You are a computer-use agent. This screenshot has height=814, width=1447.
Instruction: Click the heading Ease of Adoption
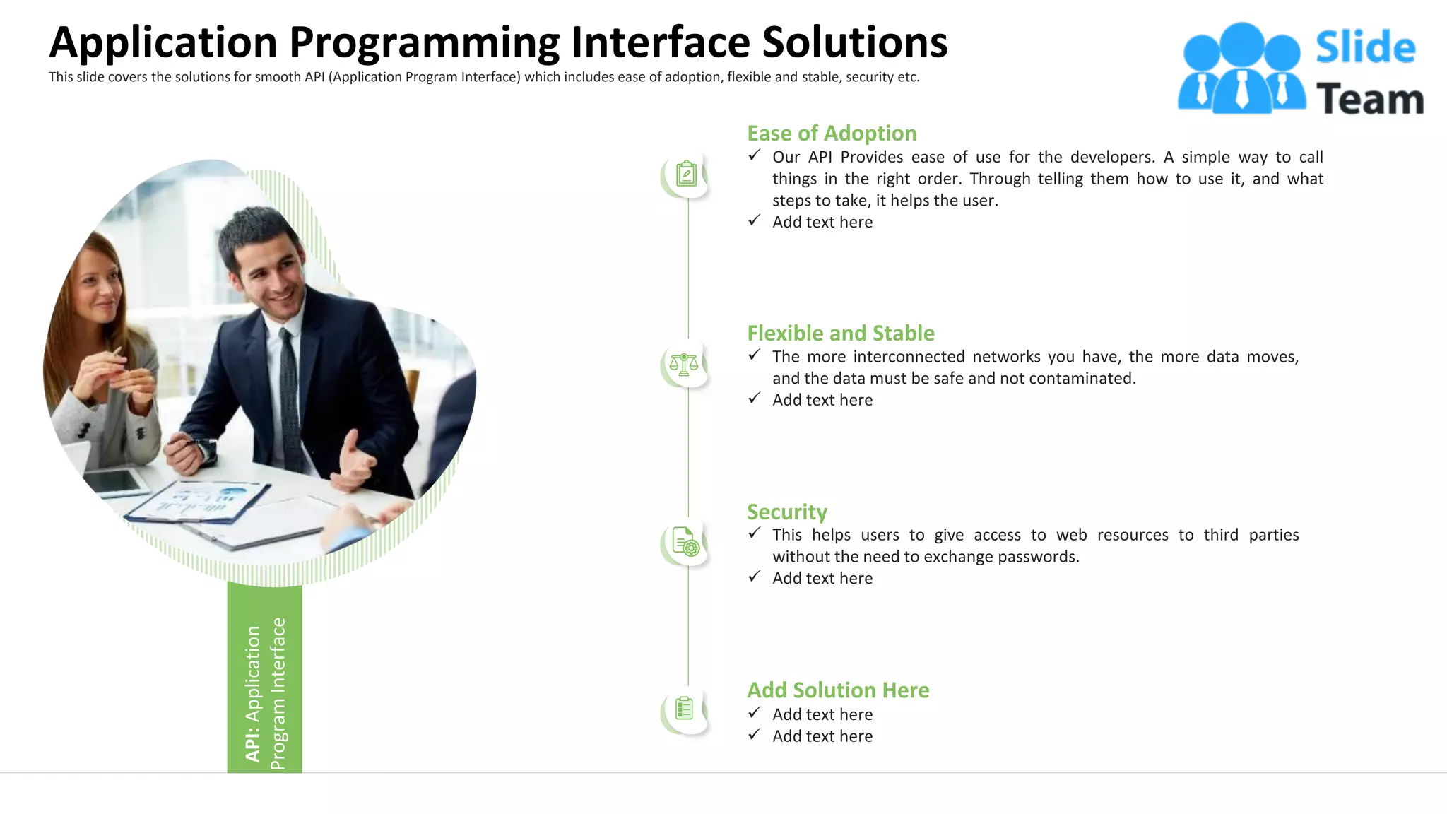(832, 134)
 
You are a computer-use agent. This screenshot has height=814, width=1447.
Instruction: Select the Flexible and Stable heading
(841, 334)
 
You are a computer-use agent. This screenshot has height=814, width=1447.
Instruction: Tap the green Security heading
(786, 512)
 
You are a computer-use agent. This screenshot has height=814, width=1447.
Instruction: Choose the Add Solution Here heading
(838, 690)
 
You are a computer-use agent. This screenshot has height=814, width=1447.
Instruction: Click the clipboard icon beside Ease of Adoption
(686, 174)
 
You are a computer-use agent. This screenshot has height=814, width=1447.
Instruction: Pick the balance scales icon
(683, 365)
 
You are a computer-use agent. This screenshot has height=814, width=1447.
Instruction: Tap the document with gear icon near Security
(685, 543)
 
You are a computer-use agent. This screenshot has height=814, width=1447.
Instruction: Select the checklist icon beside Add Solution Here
(684, 709)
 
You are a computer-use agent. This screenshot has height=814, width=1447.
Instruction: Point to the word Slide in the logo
(1365, 48)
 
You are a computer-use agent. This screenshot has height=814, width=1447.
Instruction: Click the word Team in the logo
(1369, 99)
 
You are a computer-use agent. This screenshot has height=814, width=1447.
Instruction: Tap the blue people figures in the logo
(1241, 69)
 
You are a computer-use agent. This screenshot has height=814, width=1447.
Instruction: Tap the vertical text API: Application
(253, 692)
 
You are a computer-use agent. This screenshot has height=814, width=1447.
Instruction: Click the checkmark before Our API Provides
(755, 155)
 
